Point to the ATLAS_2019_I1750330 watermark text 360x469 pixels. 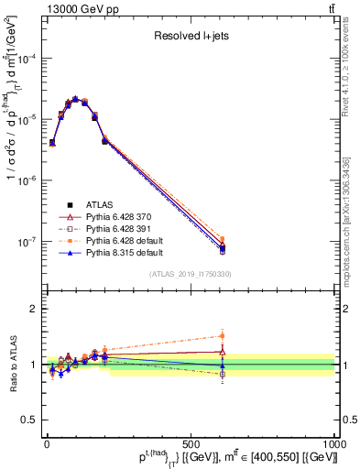tap(191, 273)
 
